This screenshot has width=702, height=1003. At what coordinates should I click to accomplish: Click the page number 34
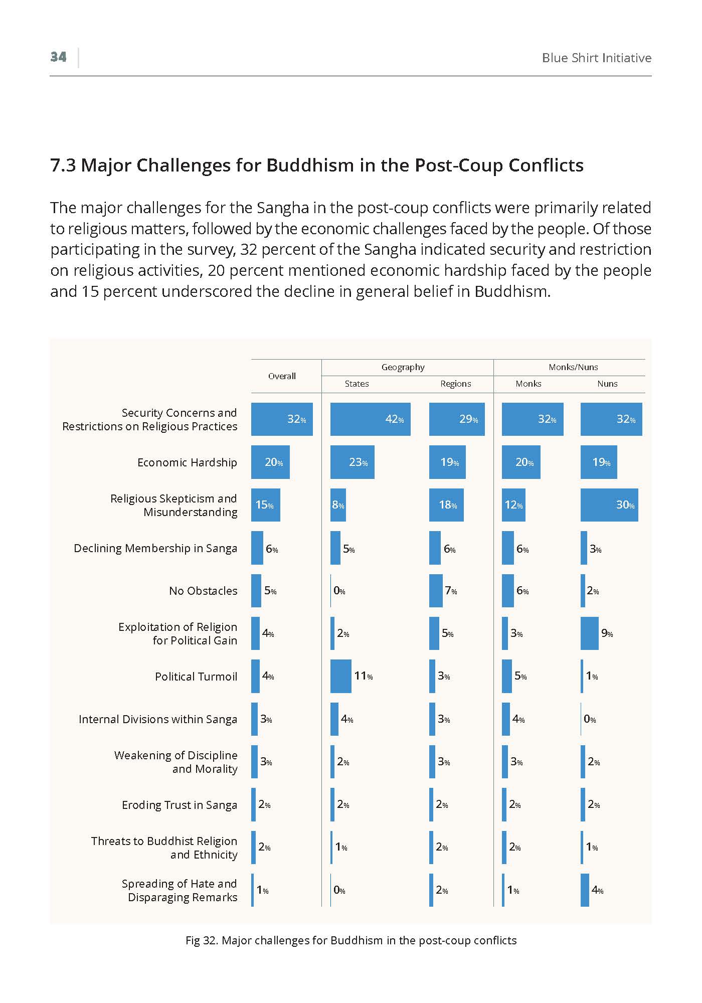(x=58, y=57)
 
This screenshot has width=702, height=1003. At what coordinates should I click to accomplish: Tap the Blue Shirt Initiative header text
(x=597, y=58)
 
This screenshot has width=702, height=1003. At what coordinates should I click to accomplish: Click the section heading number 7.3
(x=63, y=165)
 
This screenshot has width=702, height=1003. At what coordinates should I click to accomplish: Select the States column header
(x=357, y=384)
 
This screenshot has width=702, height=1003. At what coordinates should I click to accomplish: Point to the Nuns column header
(x=607, y=384)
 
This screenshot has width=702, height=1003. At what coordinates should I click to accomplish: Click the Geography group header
(x=403, y=367)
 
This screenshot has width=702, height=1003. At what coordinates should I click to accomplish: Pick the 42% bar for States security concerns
(x=371, y=419)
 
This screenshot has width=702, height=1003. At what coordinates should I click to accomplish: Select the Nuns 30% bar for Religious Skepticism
(x=609, y=505)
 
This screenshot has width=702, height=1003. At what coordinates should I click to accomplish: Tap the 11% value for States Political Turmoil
(x=364, y=676)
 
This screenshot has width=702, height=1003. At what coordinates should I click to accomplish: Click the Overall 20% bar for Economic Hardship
(x=270, y=462)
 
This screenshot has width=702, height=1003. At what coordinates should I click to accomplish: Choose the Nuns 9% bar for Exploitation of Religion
(x=590, y=633)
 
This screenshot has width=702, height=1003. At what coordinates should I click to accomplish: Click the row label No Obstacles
(x=203, y=591)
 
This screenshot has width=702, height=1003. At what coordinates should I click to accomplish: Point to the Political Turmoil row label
(x=196, y=677)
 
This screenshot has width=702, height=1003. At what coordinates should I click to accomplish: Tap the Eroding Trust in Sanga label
(x=180, y=805)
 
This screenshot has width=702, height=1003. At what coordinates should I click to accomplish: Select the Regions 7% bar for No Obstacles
(x=436, y=591)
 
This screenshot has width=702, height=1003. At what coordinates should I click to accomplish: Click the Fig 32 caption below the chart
(x=351, y=940)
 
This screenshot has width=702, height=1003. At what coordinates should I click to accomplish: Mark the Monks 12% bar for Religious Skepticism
(x=513, y=505)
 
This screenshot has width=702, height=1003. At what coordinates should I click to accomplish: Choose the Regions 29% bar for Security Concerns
(x=457, y=419)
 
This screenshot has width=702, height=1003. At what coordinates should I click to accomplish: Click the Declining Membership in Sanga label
(x=155, y=548)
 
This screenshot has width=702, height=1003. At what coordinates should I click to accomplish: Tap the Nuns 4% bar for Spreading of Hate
(x=585, y=890)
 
